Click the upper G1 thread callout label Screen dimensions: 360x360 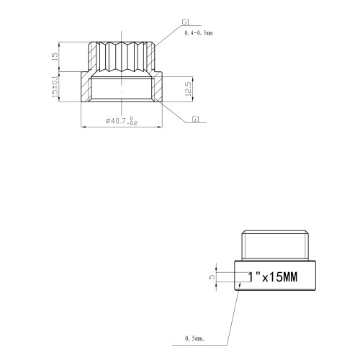click(186, 22)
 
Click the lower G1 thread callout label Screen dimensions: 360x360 click(196, 119)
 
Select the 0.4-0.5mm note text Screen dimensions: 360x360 click(198, 33)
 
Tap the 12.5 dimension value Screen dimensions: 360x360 click(189, 89)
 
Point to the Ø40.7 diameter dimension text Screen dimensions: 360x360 click(116, 121)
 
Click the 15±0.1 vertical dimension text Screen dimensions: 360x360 click(55, 86)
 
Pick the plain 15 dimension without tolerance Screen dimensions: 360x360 click(55, 56)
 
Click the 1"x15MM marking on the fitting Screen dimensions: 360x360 click(273, 277)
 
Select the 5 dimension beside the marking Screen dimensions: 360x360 click(212, 276)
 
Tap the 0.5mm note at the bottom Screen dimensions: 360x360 click(194, 338)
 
